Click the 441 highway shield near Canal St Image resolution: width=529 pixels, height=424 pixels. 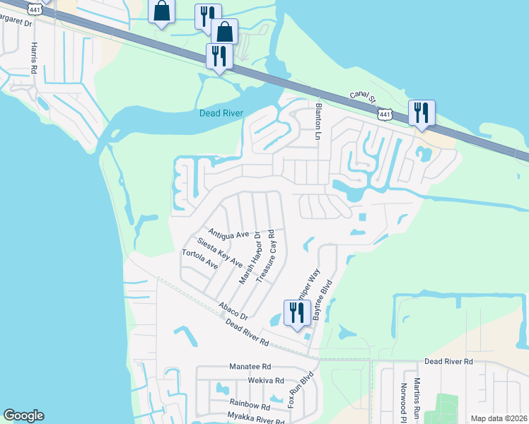(x=384, y=114)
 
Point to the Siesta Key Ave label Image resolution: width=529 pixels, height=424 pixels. (x=220, y=252)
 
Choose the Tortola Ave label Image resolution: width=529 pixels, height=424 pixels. (x=199, y=259)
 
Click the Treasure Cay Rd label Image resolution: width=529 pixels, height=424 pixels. (x=266, y=256)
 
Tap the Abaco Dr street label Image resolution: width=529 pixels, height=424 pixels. (x=233, y=311)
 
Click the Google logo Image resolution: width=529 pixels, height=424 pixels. (x=23, y=416)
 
